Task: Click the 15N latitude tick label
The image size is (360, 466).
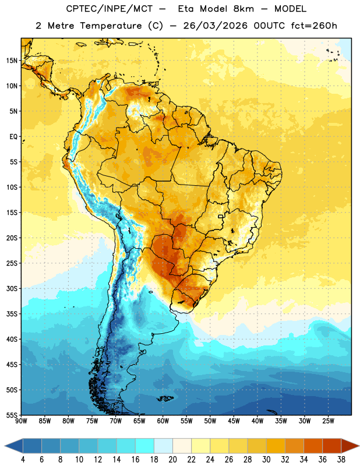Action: click(x=12, y=61)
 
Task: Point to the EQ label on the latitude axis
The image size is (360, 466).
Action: click(x=13, y=137)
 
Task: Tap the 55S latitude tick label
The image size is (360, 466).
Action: click(x=12, y=415)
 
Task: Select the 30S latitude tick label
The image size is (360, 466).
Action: click(x=12, y=288)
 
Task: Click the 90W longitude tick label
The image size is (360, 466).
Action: click(x=21, y=421)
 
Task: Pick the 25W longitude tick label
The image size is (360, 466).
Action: click(x=328, y=421)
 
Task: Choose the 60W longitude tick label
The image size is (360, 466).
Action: click(x=163, y=421)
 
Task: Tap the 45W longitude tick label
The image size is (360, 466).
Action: click(x=234, y=421)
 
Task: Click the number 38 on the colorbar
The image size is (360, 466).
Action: click(x=341, y=460)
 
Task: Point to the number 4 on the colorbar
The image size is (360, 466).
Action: click(x=23, y=460)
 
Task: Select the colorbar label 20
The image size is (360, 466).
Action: click(x=172, y=460)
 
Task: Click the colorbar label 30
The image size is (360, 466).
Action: click(x=266, y=460)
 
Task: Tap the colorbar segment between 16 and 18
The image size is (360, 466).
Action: click(x=145, y=446)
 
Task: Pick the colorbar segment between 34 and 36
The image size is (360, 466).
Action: click(x=313, y=446)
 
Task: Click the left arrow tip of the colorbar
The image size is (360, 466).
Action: click(x=5, y=446)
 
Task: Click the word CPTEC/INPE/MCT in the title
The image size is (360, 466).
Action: click(x=110, y=9)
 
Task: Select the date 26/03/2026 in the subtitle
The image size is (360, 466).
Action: click(x=215, y=26)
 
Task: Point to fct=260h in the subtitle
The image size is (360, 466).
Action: click(x=314, y=26)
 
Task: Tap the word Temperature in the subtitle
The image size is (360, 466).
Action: click(x=111, y=26)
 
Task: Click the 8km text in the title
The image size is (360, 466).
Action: click(x=243, y=9)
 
